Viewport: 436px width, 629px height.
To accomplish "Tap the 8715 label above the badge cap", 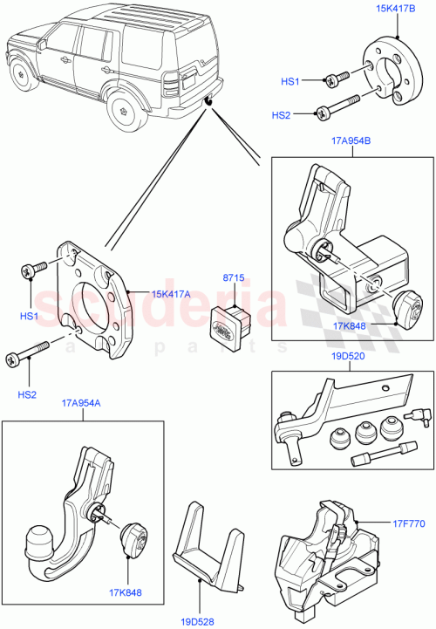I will (x=233, y=278).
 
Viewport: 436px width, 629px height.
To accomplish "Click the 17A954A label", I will (x=81, y=403).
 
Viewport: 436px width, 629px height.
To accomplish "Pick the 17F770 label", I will (x=409, y=524).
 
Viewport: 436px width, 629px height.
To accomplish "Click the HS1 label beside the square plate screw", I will (x=29, y=315).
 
